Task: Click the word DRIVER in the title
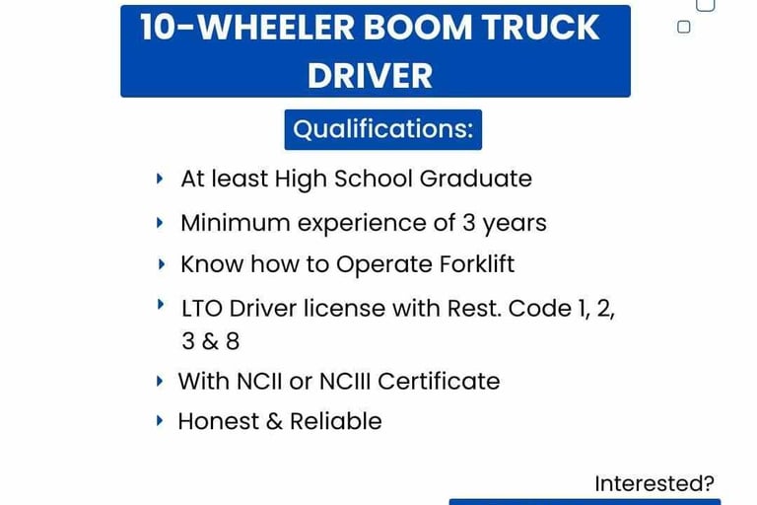point(370,76)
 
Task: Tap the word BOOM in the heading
point(417,27)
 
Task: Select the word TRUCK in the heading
point(541,27)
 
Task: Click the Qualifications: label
point(382,129)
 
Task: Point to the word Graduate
point(475,179)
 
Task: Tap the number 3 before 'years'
point(469,223)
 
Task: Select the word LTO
point(201,309)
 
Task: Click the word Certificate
point(439,382)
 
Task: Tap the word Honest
point(219,421)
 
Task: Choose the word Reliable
point(336,421)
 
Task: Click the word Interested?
point(654,483)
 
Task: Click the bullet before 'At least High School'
point(160,179)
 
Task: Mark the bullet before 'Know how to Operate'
point(162,264)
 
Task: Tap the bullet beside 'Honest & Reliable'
point(160,420)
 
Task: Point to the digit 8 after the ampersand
point(233,341)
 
